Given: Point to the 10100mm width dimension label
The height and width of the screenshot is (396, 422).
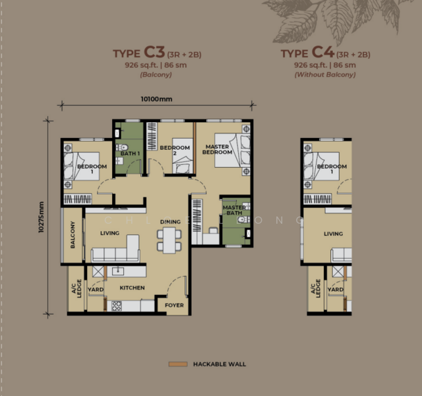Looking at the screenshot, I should (x=156, y=100).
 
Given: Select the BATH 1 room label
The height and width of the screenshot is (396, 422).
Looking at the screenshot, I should (x=130, y=153).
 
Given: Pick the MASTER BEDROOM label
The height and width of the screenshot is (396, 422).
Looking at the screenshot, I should (x=217, y=149).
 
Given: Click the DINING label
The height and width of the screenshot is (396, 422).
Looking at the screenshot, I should (x=170, y=222).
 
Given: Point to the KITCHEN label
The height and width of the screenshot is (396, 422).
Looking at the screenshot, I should (x=132, y=288).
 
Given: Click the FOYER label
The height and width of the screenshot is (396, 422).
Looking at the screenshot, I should (x=174, y=305).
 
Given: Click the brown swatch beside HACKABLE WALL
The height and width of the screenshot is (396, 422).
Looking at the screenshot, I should (x=177, y=364).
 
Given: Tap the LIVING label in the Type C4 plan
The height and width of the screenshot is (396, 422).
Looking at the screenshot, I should (x=333, y=234).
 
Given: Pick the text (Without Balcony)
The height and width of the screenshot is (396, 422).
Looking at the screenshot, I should (x=326, y=75).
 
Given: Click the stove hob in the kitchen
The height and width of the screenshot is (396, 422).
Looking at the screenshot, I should (x=116, y=306).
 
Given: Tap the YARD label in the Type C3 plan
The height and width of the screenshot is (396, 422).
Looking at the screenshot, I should (x=96, y=289).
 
